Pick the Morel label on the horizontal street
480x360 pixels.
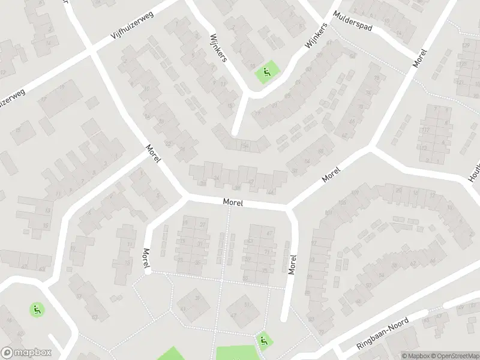coord(232,203)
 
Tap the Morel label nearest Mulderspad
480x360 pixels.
coord(419,58)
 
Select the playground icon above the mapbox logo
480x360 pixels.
coord(37,310)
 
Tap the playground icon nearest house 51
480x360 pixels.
coord(263,341)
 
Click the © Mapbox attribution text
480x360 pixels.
coord(415,356)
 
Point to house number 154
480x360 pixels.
coord(244,145)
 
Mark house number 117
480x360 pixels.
coord(425,130)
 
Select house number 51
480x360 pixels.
coord(247,304)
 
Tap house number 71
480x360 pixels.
coord(266,252)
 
